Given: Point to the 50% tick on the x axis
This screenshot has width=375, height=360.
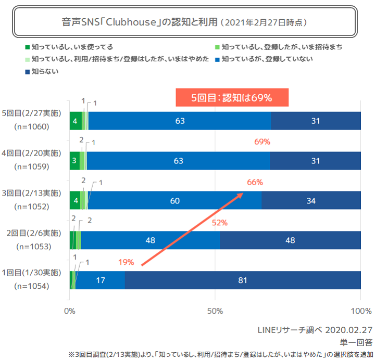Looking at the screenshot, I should pos(215,311).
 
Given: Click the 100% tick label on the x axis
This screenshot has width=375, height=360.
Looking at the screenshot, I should pos(360,311).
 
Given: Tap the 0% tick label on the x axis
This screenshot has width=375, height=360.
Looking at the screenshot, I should pos(69,311).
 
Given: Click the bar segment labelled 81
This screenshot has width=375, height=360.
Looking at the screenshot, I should pos(242,280).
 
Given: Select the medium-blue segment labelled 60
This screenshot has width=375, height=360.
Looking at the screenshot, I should pos(174,200).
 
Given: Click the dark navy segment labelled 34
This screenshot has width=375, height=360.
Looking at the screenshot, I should pos(311,200).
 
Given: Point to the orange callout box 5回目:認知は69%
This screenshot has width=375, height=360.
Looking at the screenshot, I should pos(231,97).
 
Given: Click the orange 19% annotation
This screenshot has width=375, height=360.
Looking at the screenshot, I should pos(126,262).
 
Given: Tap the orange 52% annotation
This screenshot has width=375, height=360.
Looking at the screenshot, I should pos(219,223).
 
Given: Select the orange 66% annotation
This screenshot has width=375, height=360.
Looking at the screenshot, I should pos(255,183).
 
